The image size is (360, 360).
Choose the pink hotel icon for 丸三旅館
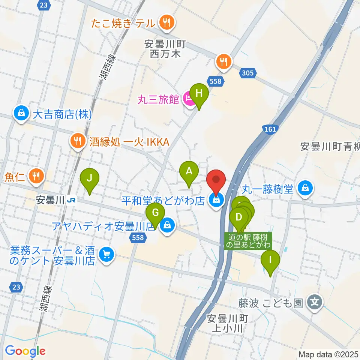click(x=189, y=99)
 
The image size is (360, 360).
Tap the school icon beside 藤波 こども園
click(x=314, y=302)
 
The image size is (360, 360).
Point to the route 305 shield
click(x=247, y=73)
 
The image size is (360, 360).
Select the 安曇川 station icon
click(x=70, y=201)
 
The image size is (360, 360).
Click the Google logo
click(x=25, y=351)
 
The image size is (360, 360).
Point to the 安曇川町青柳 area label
click(x=330, y=147)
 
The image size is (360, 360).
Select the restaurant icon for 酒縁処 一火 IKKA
click(x=78, y=141)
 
